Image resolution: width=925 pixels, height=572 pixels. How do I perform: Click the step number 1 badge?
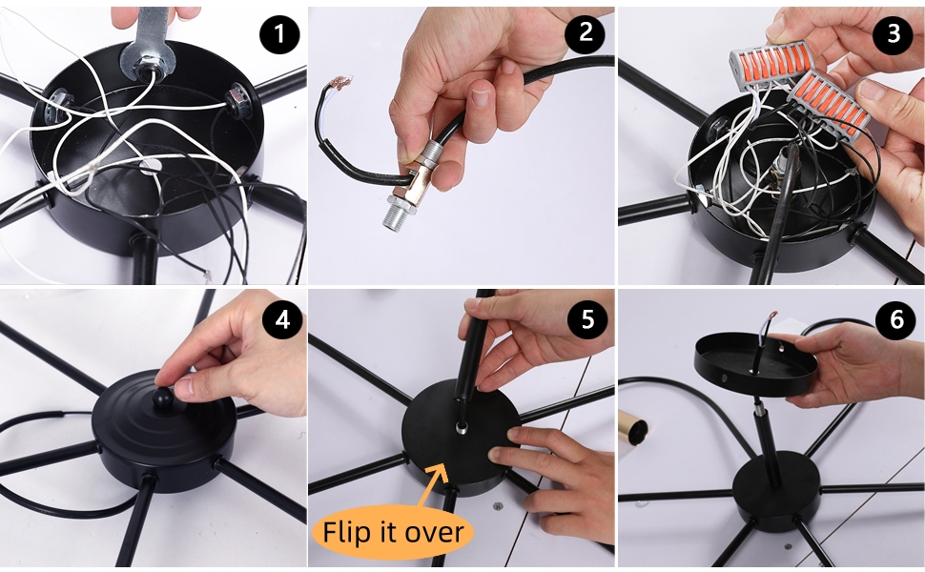tap(279, 33)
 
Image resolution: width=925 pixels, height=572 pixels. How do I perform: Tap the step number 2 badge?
tap(585, 31)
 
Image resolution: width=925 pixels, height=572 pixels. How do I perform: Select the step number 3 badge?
tap(894, 33)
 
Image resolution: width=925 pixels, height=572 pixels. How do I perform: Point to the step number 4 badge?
tap(282, 319)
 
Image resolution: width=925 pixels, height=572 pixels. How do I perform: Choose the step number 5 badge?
tap(587, 319)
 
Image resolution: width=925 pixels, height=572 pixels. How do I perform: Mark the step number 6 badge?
tap(896, 319)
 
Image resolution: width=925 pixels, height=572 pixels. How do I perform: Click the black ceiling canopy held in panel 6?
tap(755, 363)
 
